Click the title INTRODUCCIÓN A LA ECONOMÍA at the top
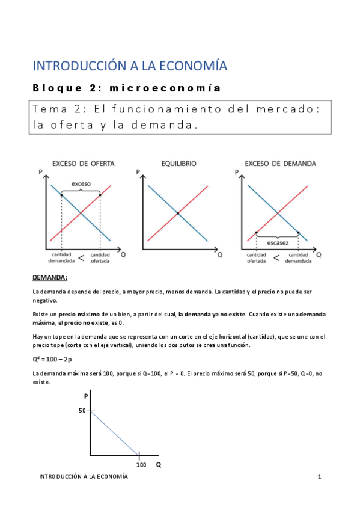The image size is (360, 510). pos(130,66)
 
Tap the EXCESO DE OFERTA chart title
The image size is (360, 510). pos(84,163)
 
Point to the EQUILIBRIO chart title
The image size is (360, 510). pos(178,163)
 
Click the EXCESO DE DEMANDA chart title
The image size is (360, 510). pos(280,163)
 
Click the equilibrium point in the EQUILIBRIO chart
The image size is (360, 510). pos(178,213)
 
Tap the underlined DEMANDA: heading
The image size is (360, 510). pos(50,277)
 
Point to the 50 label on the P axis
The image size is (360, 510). pos(82,411)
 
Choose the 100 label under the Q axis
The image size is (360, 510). pos(141,465)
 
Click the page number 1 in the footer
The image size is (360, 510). pos(320,477)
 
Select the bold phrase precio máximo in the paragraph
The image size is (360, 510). pos(75,314)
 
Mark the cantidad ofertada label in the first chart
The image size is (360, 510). pos(100,259)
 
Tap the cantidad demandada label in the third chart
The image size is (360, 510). pos(298,259)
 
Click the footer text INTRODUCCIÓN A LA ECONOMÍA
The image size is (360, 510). pos(84,477)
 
